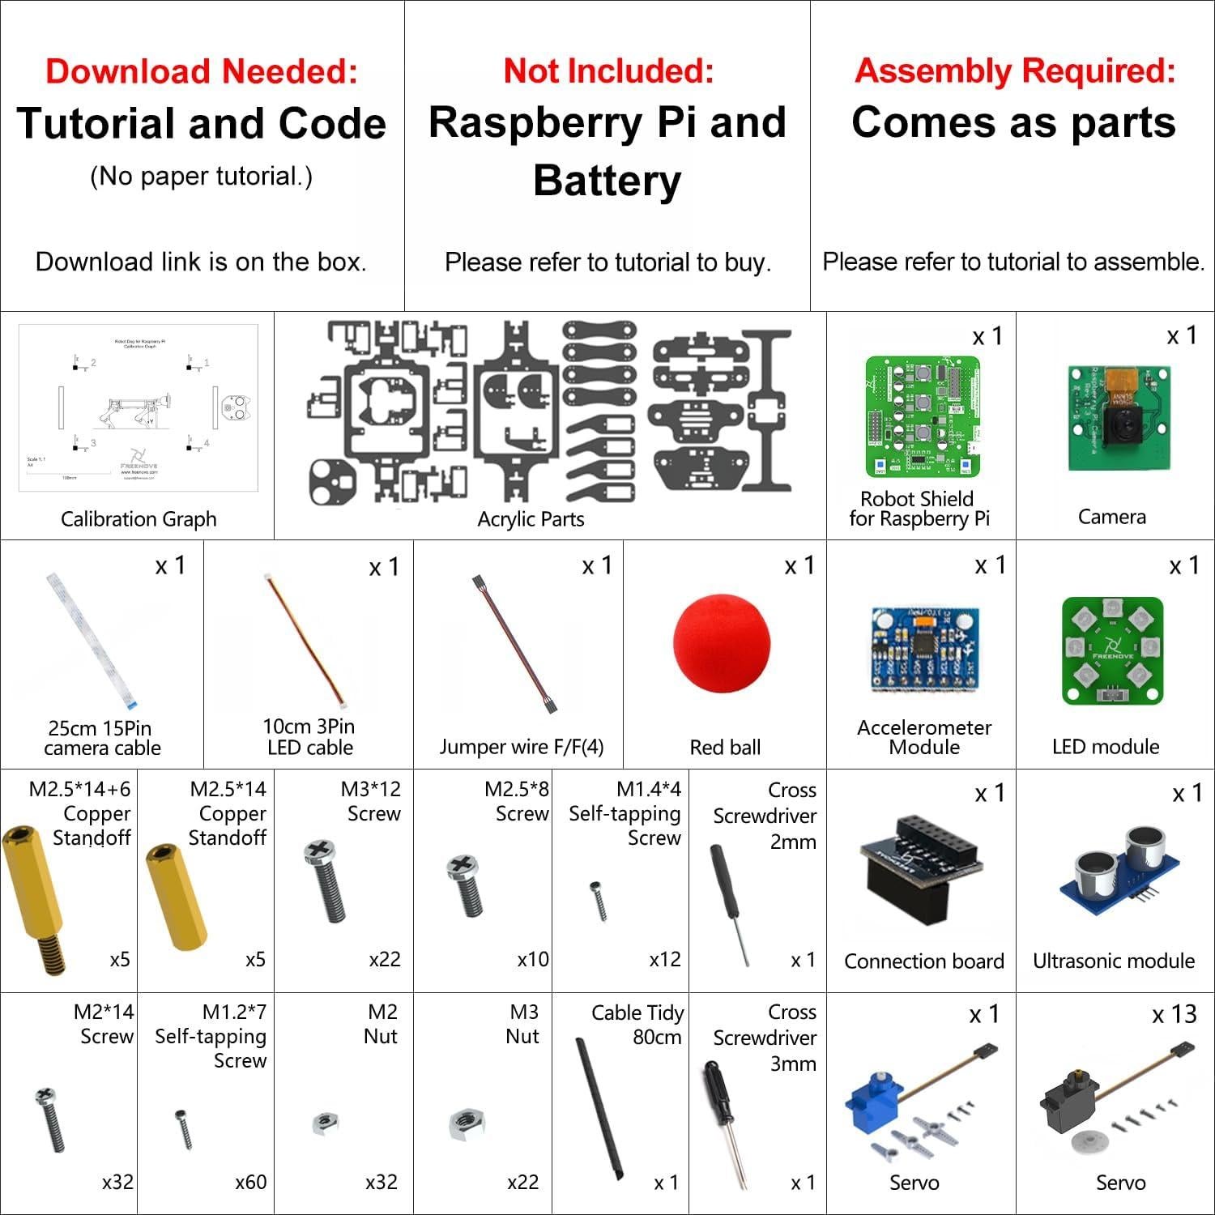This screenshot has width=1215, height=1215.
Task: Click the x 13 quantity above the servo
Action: [1174, 1015]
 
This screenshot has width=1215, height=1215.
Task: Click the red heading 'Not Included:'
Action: [608, 71]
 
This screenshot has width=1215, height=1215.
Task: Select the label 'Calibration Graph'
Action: [139, 519]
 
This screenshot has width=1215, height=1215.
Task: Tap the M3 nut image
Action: [467, 1123]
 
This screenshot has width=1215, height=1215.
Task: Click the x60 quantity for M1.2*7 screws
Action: [250, 1183]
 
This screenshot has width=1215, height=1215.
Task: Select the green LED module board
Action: [1112, 652]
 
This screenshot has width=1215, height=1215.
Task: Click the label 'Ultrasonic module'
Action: [1114, 961]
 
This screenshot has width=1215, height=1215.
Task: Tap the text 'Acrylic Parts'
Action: [531, 519]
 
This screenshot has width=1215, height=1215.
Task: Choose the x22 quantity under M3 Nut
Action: [522, 1183]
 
